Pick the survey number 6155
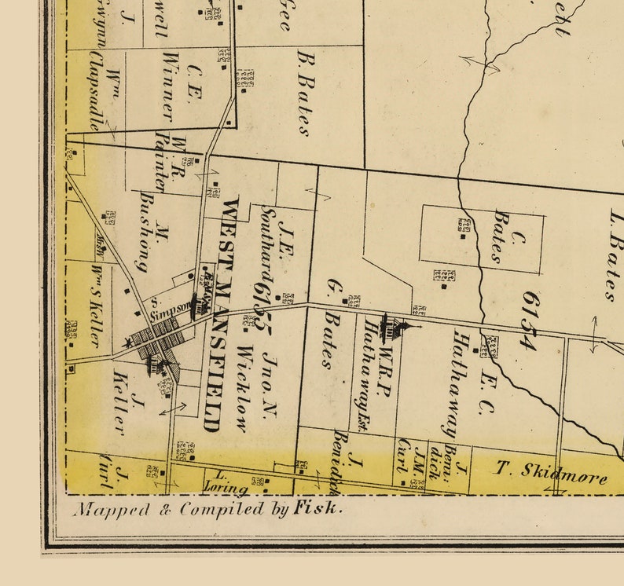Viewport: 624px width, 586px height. [262, 311]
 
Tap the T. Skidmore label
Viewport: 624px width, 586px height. [551, 471]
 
